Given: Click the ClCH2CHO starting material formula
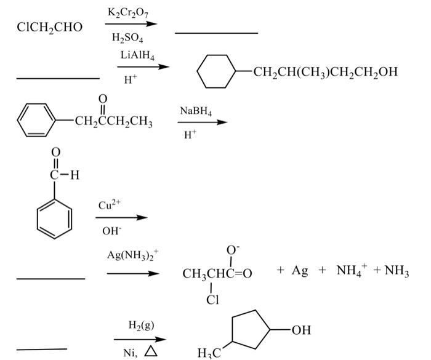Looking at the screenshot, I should click(49, 27).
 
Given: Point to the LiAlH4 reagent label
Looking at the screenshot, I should click(137, 55).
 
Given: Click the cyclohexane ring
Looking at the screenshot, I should click(217, 73).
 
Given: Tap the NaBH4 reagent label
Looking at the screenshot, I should click(196, 111).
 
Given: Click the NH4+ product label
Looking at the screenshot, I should click(352, 271).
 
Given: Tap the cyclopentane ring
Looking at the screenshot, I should click(250, 332).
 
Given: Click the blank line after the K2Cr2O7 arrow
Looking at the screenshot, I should click(216, 33).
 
